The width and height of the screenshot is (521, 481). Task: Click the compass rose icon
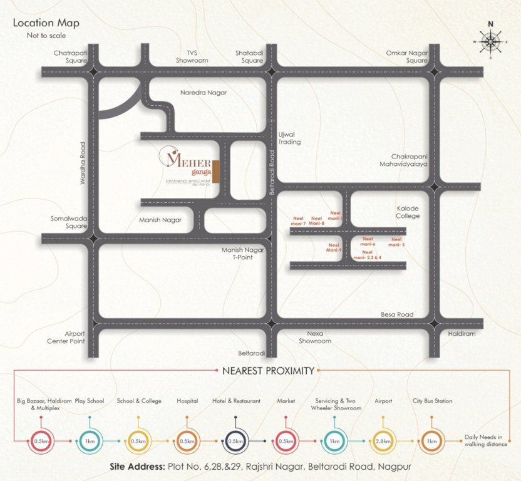click(490, 41)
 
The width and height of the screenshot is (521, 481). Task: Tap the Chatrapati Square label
click(70, 57)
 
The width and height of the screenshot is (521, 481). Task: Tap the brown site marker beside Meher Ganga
click(215, 172)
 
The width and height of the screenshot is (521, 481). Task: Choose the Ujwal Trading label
click(289, 138)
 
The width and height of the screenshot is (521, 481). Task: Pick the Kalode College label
click(408, 212)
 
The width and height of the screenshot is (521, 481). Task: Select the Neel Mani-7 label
click(299, 220)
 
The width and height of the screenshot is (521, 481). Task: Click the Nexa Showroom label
click(314, 338)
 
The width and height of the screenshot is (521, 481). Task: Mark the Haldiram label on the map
click(462, 334)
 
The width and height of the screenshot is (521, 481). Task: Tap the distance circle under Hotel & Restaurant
click(237, 440)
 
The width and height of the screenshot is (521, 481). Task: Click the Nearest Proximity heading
click(268, 371)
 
